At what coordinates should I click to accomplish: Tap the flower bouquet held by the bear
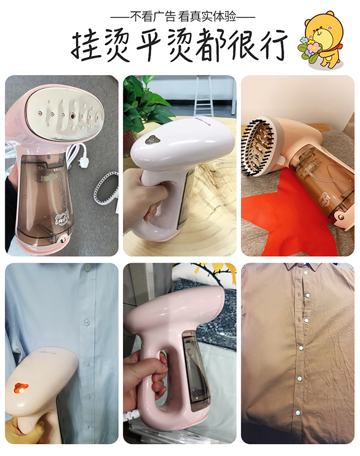(310, 49)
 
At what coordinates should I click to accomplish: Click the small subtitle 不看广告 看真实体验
(183, 16)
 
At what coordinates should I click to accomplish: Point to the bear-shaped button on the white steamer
(150, 140)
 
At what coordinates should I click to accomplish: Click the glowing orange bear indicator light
(20, 388)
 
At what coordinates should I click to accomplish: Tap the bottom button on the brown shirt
(297, 413)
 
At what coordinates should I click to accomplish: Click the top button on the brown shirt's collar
(305, 273)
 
